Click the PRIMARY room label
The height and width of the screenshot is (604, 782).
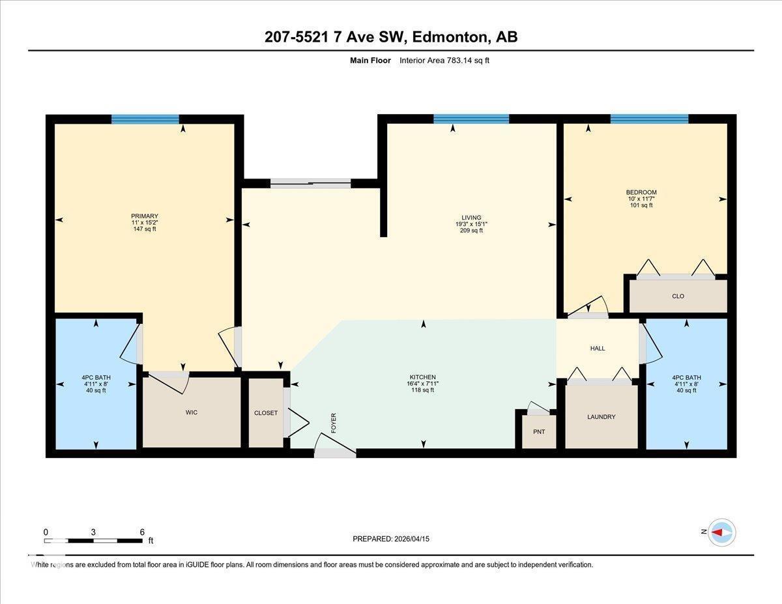point(145,216)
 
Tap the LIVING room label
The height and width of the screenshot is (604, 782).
point(471,218)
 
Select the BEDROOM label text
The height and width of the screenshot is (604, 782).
point(641,192)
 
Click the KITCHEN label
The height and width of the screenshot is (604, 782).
point(422,377)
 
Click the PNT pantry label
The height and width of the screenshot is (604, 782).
point(539,431)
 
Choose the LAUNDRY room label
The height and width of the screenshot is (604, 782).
point(601,417)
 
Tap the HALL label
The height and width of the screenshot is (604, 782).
point(598,349)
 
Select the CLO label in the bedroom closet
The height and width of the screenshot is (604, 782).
point(678,296)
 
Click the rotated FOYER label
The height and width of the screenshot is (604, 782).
point(334,423)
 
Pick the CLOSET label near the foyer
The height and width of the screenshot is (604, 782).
point(266,413)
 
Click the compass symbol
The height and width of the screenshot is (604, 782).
point(721,532)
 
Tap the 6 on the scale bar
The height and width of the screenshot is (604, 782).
point(142,532)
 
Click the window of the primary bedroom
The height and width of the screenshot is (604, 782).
point(145,119)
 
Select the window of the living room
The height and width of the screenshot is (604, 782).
point(471,119)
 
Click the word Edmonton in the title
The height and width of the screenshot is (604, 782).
point(450,37)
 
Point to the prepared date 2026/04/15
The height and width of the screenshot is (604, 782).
point(413,539)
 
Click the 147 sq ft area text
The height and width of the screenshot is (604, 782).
point(145,229)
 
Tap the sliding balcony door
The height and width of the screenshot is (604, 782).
point(311,184)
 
